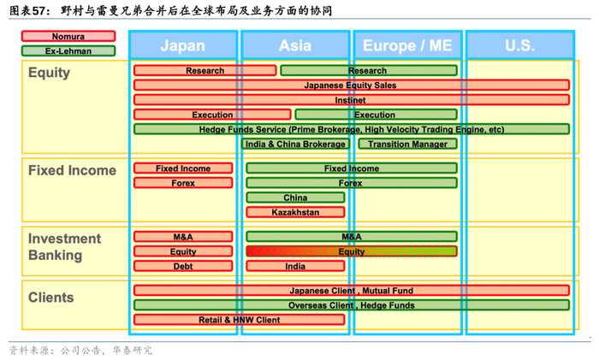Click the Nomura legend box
[x=68, y=37]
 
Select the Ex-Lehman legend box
[x=68, y=51]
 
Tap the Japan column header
[x=182, y=45]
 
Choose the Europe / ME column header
[x=406, y=45]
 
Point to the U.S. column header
[x=519, y=45]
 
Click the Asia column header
[x=295, y=45]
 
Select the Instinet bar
[x=351, y=100]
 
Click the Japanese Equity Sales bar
[x=351, y=86]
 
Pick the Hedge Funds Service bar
[x=351, y=129]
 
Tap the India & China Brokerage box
[x=295, y=144]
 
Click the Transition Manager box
[x=407, y=144]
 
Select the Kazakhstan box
[x=295, y=212]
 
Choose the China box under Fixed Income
[x=295, y=198]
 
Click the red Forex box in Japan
[x=183, y=183]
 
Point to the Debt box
[x=183, y=266]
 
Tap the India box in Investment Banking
[x=295, y=266]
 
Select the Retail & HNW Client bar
[x=240, y=320]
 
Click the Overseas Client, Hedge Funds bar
[x=351, y=305]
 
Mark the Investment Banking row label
[x=64, y=247]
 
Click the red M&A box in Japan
[x=183, y=237]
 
